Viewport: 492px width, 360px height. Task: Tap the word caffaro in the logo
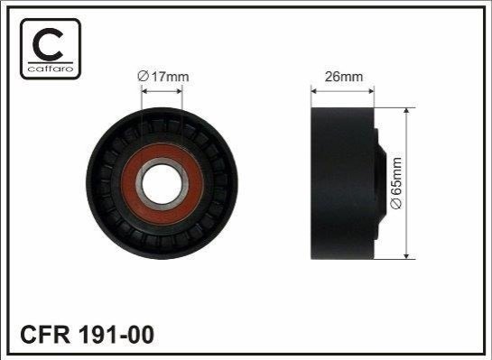(x=51, y=69)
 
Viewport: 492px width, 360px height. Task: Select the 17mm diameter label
(x=163, y=77)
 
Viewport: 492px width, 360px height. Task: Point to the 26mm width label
(x=344, y=77)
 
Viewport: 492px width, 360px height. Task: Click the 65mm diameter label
(x=396, y=183)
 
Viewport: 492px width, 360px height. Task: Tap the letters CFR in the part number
(x=45, y=335)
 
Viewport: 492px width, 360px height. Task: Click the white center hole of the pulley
(x=162, y=184)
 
